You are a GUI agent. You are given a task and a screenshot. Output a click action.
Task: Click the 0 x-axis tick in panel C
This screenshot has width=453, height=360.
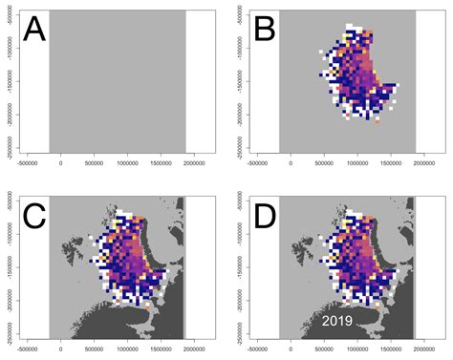62,349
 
